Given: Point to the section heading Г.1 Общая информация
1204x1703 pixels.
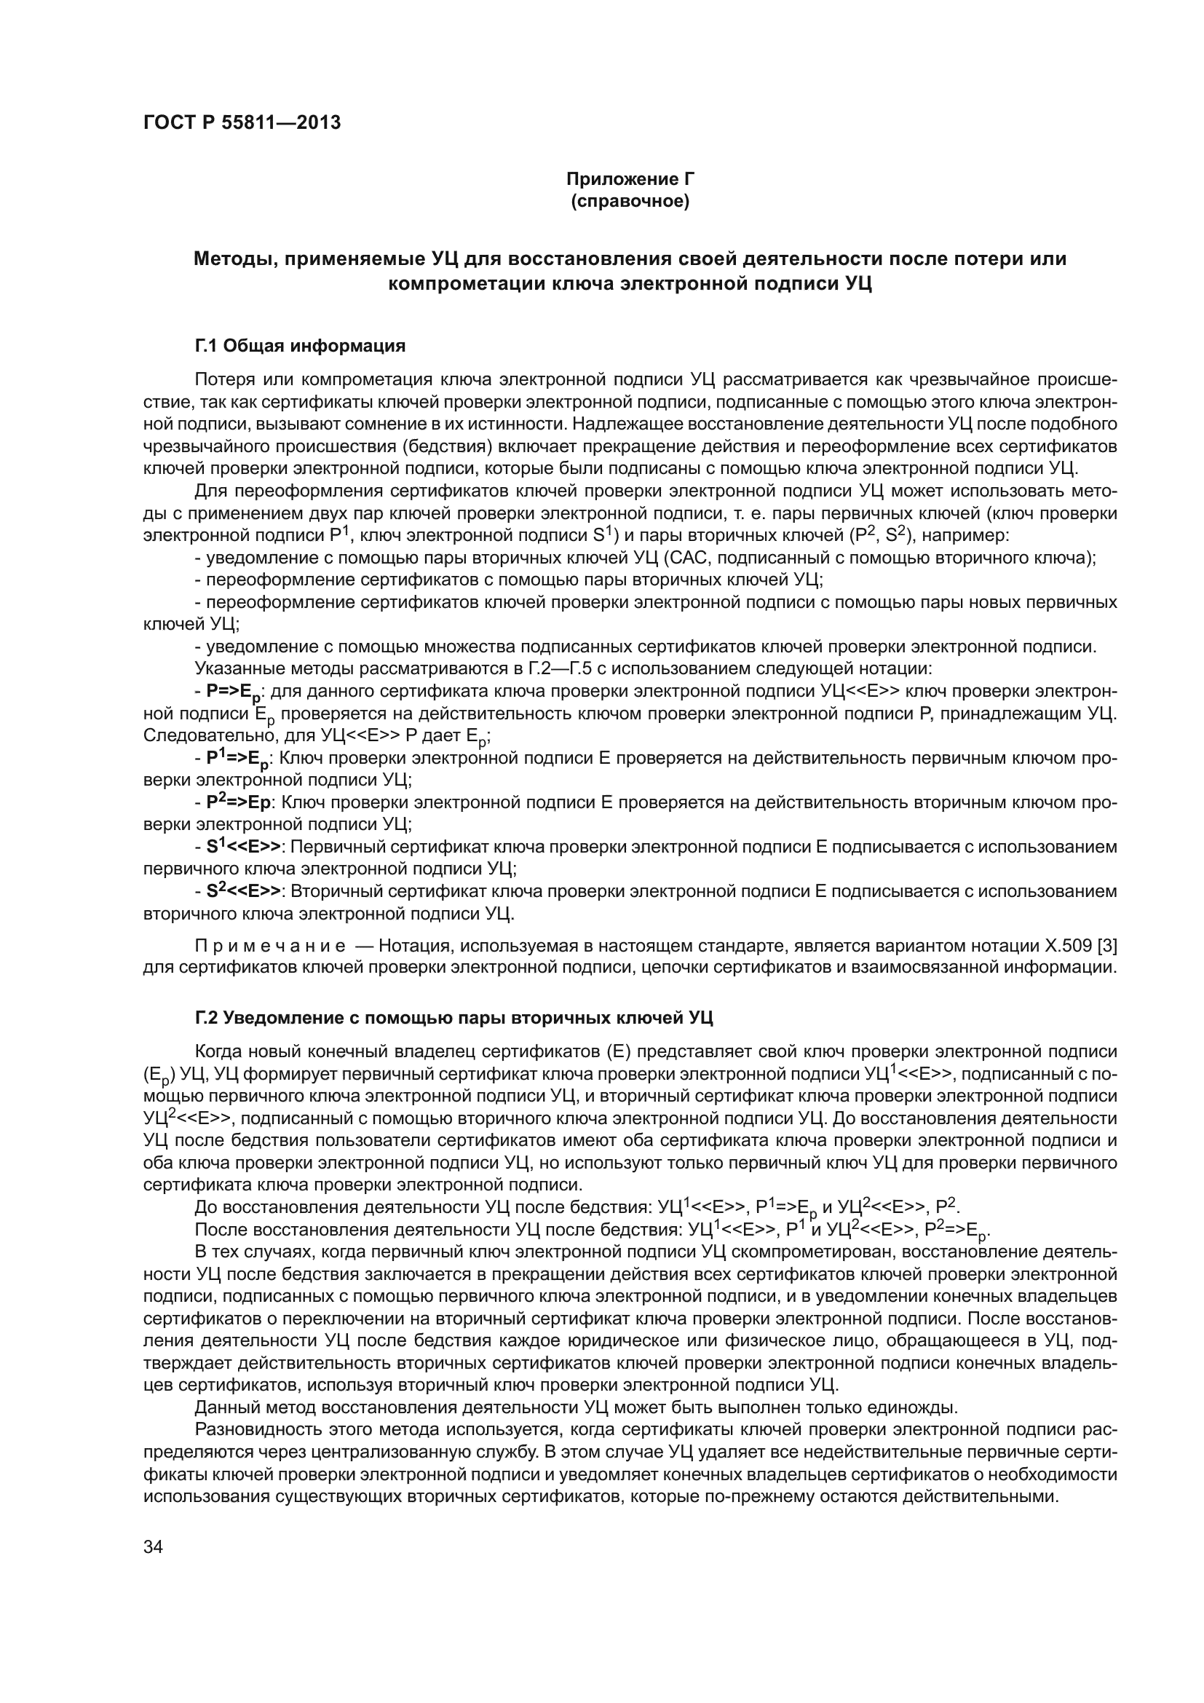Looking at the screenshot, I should tap(300, 346).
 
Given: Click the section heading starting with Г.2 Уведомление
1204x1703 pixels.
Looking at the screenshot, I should tap(454, 1018).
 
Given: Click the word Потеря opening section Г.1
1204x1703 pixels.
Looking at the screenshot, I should tap(223, 380).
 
